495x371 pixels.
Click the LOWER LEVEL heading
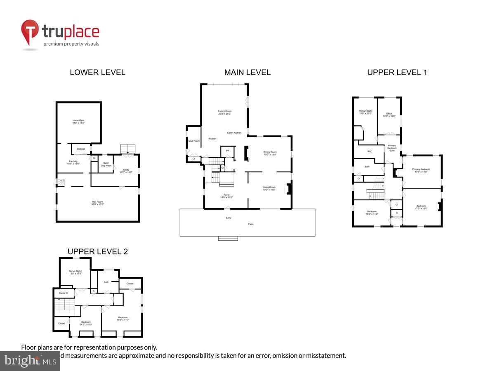click(x=97, y=73)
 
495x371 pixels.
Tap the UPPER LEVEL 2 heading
click(x=98, y=251)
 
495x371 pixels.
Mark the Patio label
click(x=251, y=224)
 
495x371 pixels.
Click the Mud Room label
click(x=194, y=141)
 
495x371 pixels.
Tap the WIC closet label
click(x=370, y=151)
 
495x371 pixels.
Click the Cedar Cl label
click(x=64, y=293)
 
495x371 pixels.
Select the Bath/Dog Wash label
click(x=106, y=164)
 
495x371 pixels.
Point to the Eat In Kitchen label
click(x=234, y=133)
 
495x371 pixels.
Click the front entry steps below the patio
click(x=228, y=238)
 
